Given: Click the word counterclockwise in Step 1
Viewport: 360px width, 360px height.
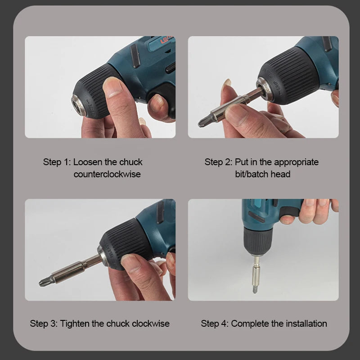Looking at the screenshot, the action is coord(107,174).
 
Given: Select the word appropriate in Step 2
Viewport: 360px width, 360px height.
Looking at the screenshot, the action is coord(296,162).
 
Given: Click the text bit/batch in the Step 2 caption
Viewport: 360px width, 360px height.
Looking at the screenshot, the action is coord(252,174).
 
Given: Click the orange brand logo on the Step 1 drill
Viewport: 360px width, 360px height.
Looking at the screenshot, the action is coord(166,39).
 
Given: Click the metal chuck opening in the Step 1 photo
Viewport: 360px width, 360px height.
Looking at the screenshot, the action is coord(78,106).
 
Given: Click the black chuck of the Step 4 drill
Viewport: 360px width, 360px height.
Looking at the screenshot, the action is coord(257,241).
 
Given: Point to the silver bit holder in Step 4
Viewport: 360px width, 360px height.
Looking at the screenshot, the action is coord(256,271).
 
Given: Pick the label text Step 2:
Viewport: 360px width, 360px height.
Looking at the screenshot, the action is coord(218,162).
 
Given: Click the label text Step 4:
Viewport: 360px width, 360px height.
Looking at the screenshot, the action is coord(215,324).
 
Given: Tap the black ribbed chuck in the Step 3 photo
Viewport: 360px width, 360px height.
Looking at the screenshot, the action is coord(124,243).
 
